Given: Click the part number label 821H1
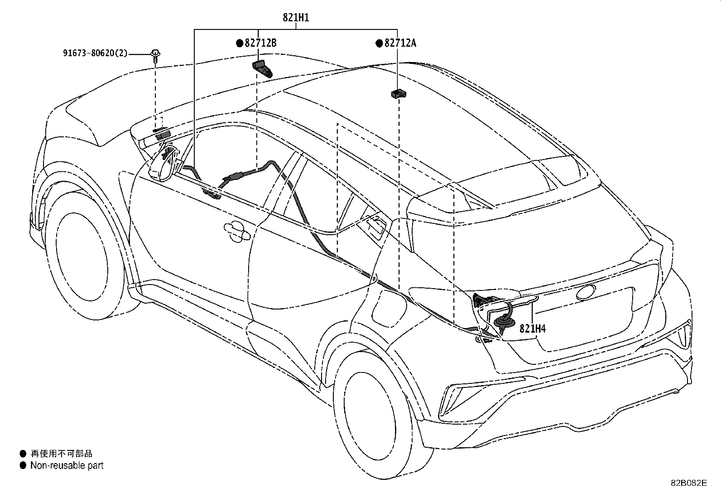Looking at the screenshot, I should tap(296, 18).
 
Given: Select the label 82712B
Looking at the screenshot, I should tap(260, 43).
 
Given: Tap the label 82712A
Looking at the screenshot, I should tap(400, 43).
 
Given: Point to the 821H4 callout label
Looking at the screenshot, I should tap(533, 329).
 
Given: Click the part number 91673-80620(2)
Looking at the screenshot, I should tap(96, 53).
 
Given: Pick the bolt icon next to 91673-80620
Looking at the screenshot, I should tap(156, 55).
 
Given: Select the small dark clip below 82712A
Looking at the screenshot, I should tap(399, 94).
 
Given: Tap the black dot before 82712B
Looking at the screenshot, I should tap(240, 44).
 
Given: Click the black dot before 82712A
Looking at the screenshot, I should tap(379, 44).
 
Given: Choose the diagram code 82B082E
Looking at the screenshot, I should tap(688, 483).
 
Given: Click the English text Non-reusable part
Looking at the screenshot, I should tap(67, 465).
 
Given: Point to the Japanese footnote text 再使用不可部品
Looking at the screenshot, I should tap(61, 453).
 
